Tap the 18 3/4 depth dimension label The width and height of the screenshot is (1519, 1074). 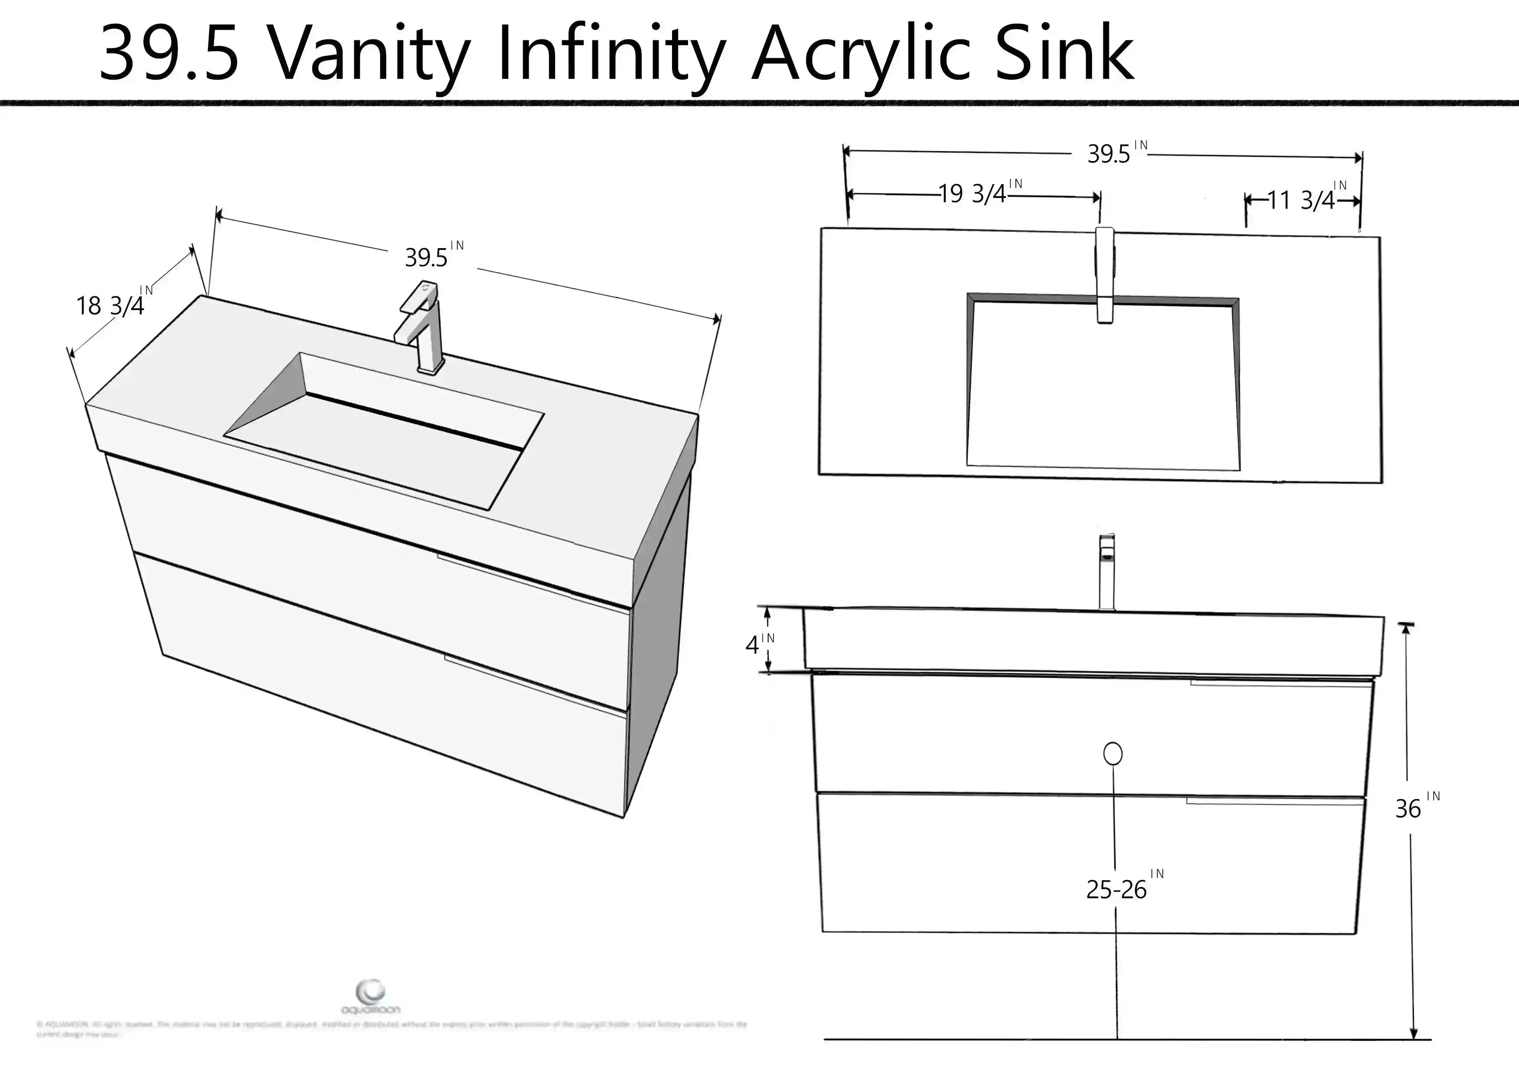pos(110,306)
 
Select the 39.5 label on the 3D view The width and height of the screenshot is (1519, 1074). pos(427,257)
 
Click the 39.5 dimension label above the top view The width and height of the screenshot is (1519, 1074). pos(1109,154)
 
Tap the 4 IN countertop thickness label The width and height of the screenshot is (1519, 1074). pos(753,644)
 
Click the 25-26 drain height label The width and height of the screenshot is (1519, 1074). pos(1116,890)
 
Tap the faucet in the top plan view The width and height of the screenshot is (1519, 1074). pos(1105,275)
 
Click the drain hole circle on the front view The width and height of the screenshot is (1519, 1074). pos(1113,754)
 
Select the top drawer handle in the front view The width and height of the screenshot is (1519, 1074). pos(1280,683)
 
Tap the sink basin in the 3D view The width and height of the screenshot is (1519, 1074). pos(384,430)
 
